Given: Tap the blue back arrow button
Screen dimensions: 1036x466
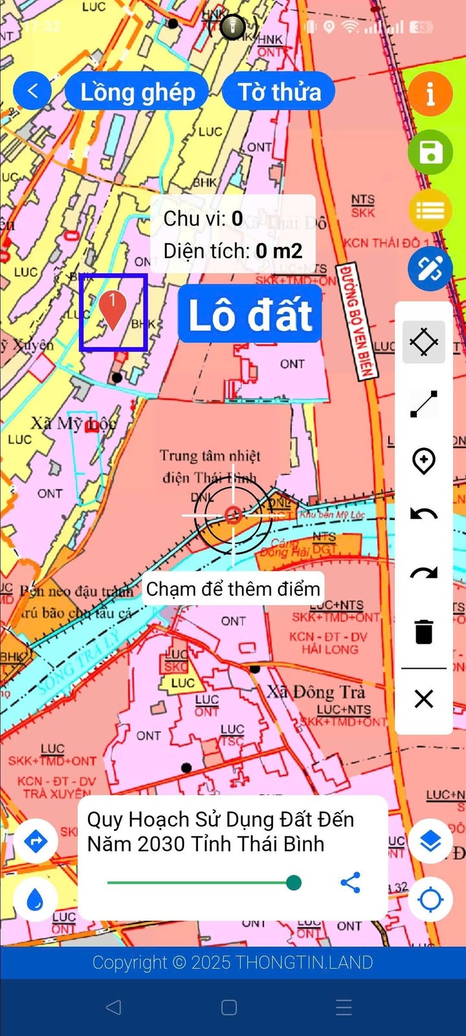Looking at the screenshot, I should pyautogui.click(x=32, y=91).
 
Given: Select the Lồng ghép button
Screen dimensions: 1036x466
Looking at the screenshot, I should pyautogui.click(x=137, y=92).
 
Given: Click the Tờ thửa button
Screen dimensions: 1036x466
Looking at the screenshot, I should pyautogui.click(x=279, y=92).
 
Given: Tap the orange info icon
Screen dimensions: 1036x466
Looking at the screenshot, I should pyautogui.click(x=430, y=95).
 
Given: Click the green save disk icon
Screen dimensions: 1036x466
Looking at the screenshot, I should pyautogui.click(x=430, y=153).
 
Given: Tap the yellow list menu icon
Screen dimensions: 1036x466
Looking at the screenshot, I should pyautogui.click(x=430, y=211).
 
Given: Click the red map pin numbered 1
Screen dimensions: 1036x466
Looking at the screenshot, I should pyautogui.click(x=113, y=310).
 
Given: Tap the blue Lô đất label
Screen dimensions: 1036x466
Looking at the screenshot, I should pyautogui.click(x=250, y=315).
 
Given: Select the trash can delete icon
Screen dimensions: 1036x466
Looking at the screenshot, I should pyautogui.click(x=424, y=631).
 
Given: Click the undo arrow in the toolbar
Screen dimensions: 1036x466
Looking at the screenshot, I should pyautogui.click(x=424, y=515).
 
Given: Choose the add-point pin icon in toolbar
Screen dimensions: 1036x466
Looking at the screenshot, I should pyautogui.click(x=424, y=460).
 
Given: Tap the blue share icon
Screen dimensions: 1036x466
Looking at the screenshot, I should pyautogui.click(x=350, y=883).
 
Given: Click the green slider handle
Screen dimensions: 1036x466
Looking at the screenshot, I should pyautogui.click(x=294, y=883).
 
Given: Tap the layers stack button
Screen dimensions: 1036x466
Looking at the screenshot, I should pyautogui.click(x=430, y=842).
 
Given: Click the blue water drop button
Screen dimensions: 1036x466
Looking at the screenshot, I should pyautogui.click(x=36, y=899).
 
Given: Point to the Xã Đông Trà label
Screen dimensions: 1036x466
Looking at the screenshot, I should pyautogui.click(x=316, y=692).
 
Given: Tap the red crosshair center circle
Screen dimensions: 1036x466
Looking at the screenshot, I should pyautogui.click(x=234, y=515).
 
